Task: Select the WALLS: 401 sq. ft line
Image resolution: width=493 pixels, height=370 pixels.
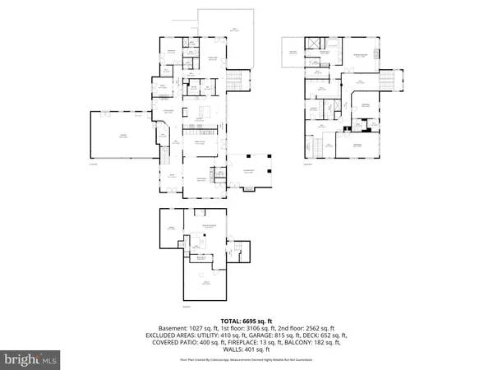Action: click(246, 350)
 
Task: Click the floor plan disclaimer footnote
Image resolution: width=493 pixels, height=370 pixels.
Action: click(246, 359)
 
